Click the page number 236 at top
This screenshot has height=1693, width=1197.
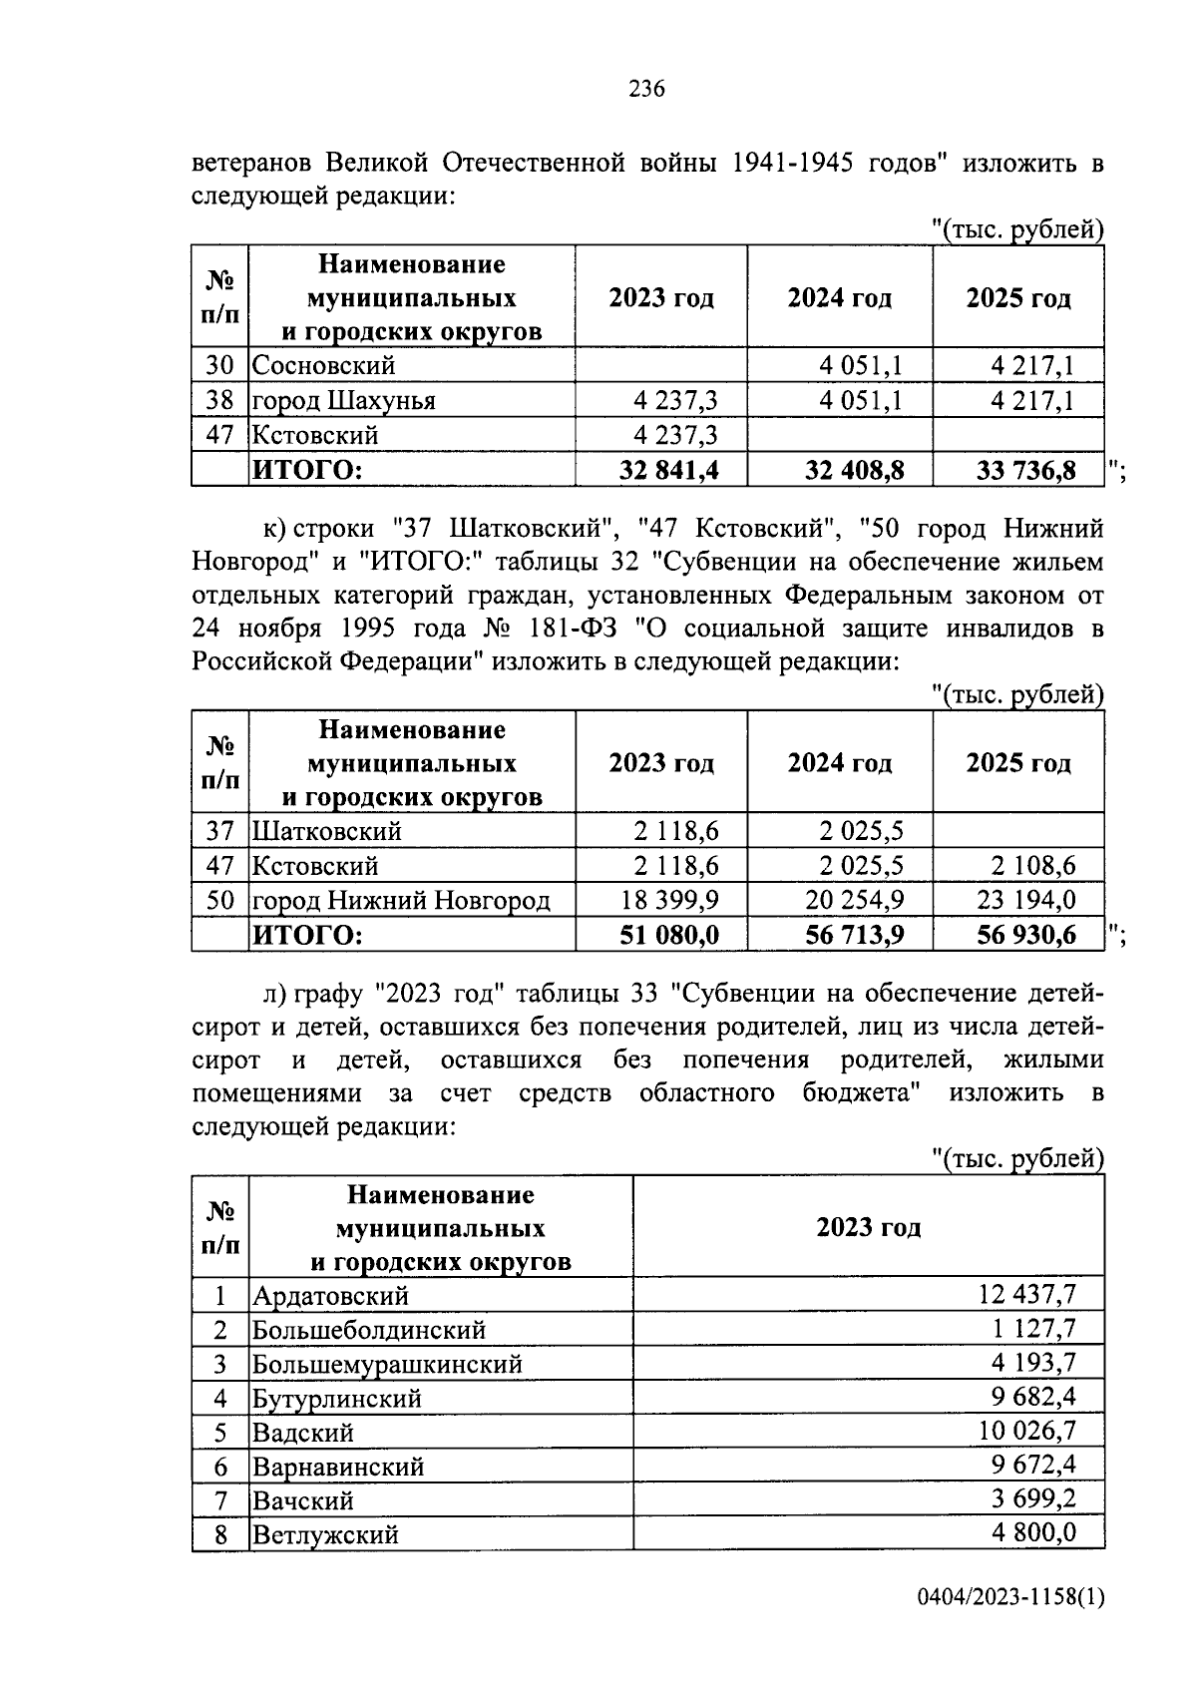click(646, 90)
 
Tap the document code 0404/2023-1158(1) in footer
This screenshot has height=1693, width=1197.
click(1010, 1627)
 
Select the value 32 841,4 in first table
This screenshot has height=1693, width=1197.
click(668, 470)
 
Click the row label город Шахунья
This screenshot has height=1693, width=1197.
click(343, 401)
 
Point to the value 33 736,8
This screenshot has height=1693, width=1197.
click(1025, 470)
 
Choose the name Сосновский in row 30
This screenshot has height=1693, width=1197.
click(323, 366)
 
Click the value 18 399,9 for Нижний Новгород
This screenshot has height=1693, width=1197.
click(669, 901)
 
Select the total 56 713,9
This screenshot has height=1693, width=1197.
click(854, 935)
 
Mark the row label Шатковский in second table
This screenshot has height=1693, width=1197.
click(326, 831)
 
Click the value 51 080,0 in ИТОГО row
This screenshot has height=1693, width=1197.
click(668, 935)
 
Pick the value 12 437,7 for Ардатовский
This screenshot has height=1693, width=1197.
click(1026, 1295)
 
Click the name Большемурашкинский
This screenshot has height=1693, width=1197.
click(387, 1364)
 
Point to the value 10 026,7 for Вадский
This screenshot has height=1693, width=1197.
click(1026, 1432)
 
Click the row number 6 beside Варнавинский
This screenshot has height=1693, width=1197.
click(220, 1467)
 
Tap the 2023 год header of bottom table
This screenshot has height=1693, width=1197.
click(868, 1227)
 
